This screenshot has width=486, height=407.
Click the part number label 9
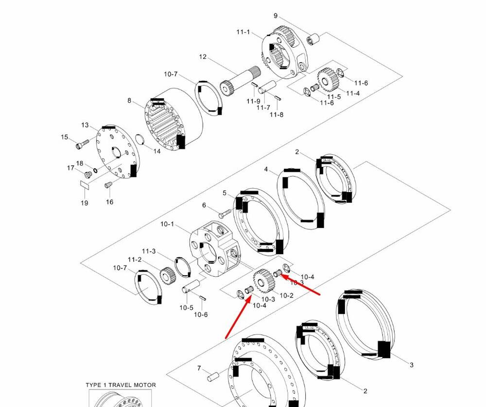[276, 16]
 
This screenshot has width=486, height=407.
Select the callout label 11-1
[243, 32]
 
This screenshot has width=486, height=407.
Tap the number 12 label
[203, 57]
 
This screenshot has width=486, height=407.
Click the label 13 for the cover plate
[85, 125]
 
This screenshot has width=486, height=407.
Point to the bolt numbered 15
[82, 144]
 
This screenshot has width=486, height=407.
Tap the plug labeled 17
[88, 174]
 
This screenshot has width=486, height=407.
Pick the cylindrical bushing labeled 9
[312, 38]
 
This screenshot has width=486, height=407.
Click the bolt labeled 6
[225, 213]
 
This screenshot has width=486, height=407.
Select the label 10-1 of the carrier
[167, 224]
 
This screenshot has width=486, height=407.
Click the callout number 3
[411, 365]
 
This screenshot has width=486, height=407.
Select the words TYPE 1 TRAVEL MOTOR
[121, 385]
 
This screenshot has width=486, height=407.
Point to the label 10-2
[287, 296]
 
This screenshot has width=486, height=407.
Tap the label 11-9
[253, 101]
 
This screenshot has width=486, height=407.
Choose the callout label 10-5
[186, 307]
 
